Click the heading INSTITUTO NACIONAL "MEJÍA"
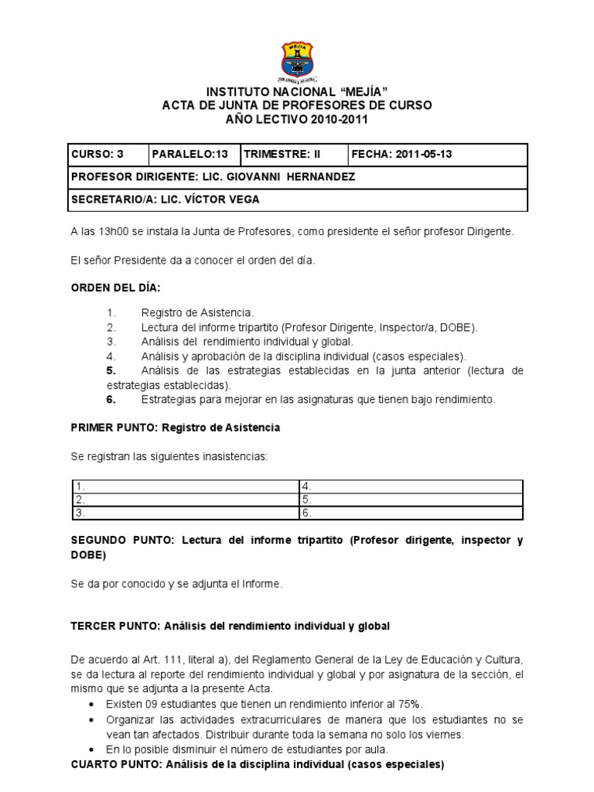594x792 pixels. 296,93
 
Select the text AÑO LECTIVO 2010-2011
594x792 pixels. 296,119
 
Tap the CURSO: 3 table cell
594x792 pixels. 108,154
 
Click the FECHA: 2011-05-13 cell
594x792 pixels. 438,154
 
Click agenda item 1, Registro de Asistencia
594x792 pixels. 196,312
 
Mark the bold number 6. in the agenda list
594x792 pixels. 111,399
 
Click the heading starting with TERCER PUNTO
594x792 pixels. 230,625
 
